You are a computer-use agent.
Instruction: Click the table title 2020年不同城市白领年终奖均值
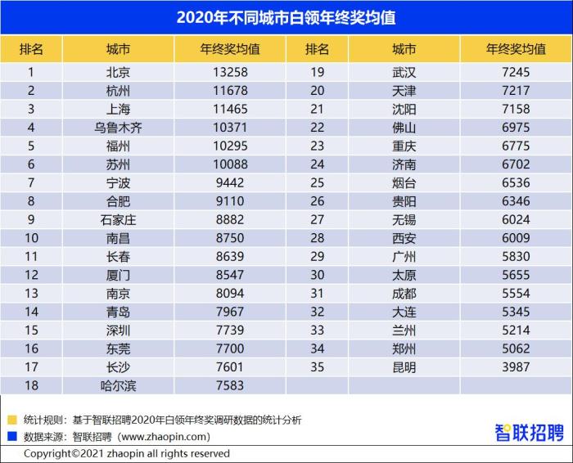tap(286, 16)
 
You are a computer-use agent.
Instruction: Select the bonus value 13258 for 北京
tap(230, 72)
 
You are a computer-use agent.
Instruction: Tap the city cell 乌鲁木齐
tap(118, 128)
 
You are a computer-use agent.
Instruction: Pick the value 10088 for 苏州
tap(230, 164)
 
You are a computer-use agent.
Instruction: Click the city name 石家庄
tap(118, 219)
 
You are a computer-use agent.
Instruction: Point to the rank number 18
tap(31, 385)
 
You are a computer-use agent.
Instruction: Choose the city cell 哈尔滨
tap(118, 385)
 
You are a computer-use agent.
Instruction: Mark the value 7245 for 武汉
tap(516, 72)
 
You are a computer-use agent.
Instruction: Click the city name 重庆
tap(404, 146)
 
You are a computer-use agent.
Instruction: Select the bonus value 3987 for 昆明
tap(516, 367)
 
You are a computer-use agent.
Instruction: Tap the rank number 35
tap(317, 367)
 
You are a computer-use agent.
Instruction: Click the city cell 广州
tap(404, 256)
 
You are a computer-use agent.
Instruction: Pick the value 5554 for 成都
tap(516, 293)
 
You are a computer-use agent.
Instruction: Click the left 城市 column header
tap(118, 49)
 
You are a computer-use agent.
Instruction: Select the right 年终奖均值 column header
tap(516, 49)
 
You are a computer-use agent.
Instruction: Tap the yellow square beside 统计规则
tap(12, 420)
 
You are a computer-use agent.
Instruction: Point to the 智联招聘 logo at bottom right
tap(529, 431)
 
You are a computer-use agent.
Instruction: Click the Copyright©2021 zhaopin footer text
tap(126, 453)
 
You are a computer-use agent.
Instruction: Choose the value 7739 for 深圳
tap(230, 330)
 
